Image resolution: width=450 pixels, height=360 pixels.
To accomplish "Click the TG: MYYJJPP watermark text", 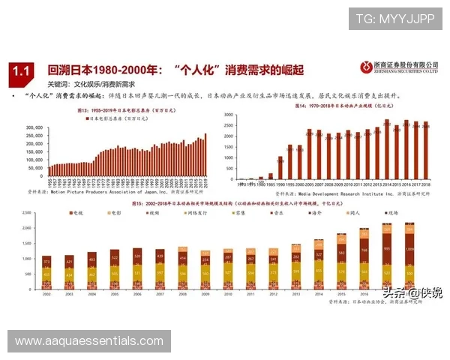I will point(394,19).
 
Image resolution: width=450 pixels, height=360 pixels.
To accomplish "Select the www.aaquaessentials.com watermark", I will point(89,341).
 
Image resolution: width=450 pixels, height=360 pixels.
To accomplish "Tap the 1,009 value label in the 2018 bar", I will point(409,247).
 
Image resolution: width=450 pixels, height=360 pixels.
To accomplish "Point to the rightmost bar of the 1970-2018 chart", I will point(426,150).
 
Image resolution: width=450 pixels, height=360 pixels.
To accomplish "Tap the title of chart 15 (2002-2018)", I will point(225,203).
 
